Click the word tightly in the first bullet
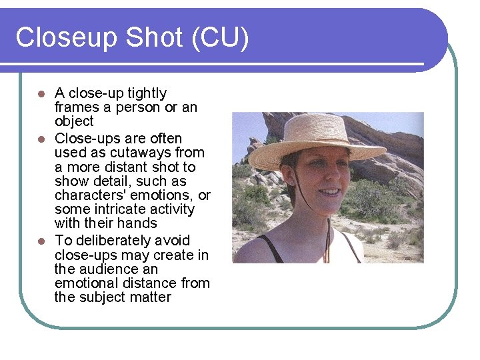click(145, 93)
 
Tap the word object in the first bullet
click(74, 121)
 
